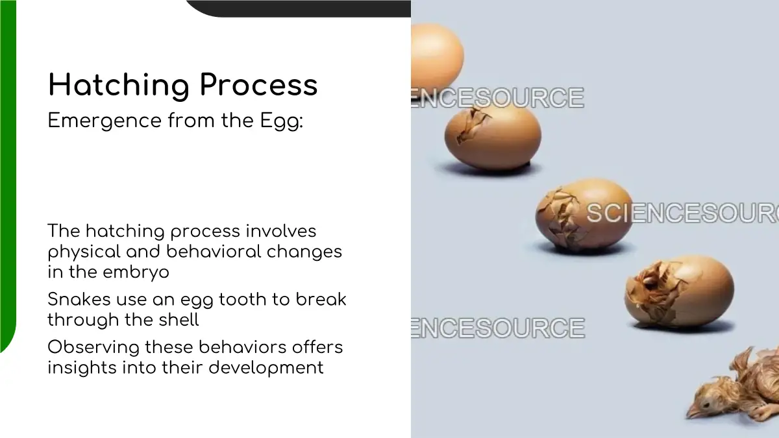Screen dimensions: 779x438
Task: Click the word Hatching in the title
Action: pos(119,86)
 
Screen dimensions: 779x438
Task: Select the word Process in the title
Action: pos(259,85)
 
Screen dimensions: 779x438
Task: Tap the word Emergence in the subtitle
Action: pos(105,121)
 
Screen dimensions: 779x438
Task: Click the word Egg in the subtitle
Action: pos(282,121)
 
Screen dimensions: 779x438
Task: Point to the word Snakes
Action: pos(79,299)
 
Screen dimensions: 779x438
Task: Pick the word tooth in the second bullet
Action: pos(242,299)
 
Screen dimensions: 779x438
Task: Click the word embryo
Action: pos(136,273)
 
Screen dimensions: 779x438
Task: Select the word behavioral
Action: pos(214,251)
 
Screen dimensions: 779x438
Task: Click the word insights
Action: pos(82,368)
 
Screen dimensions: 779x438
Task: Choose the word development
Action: pos(266,368)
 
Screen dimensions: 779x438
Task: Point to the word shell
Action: pos(179,319)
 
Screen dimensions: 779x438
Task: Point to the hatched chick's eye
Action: pos(707,404)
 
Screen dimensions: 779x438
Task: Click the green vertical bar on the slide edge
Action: pos(8,176)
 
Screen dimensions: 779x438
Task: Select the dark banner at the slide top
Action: pos(299,8)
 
